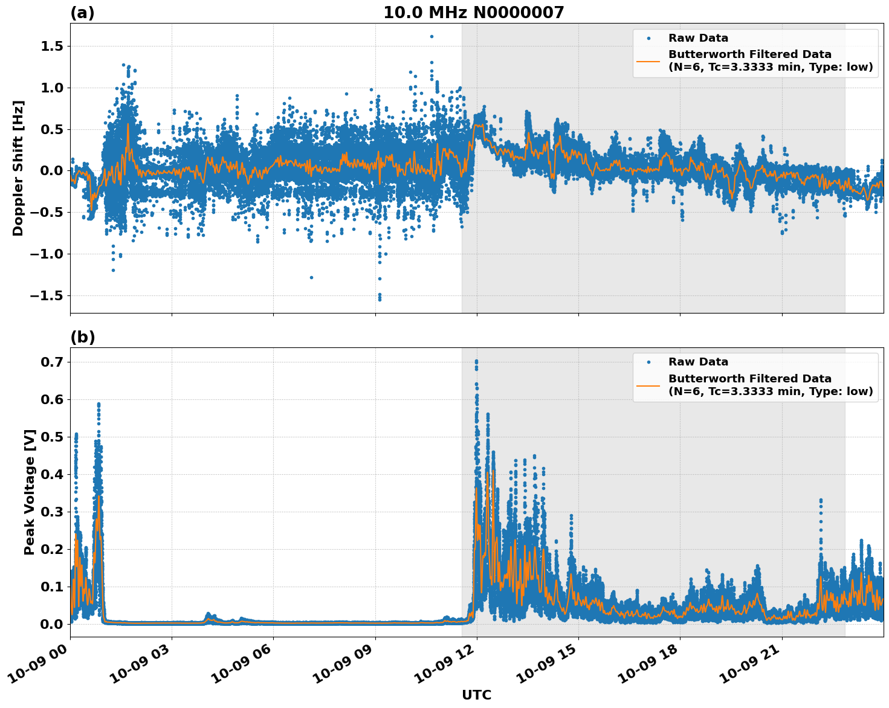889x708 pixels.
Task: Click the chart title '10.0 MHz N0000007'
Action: tap(473, 13)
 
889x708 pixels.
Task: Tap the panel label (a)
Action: tap(82, 13)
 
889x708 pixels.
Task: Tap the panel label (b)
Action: tap(82, 337)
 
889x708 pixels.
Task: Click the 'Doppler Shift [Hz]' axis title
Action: tap(19, 168)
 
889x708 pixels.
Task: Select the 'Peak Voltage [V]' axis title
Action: tap(30, 492)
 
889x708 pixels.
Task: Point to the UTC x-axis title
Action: tap(476, 695)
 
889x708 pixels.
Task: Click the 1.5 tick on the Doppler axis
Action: tap(53, 47)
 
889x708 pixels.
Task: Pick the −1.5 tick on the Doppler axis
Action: tap(49, 295)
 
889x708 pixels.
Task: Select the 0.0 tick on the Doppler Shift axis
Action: tap(53, 171)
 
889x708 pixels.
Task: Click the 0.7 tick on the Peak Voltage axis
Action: tap(53, 362)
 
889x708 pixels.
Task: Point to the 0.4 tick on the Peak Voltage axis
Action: tap(53, 475)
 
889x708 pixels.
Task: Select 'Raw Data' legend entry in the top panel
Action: tap(698, 38)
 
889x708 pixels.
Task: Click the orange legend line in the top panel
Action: tap(648, 60)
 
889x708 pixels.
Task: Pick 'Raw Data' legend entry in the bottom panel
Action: tap(698, 362)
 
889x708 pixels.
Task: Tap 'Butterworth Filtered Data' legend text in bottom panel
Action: tap(749, 379)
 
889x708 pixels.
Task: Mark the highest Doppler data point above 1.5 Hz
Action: tap(432, 36)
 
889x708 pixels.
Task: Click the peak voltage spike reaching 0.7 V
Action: tap(476, 361)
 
